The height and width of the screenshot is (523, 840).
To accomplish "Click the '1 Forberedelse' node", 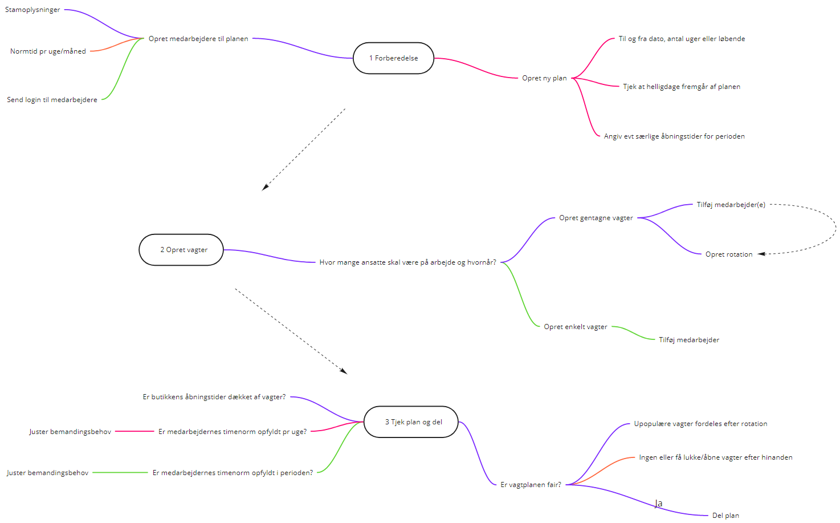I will [x=393, y=58].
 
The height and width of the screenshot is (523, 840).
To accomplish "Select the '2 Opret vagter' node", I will [x=181, y=250].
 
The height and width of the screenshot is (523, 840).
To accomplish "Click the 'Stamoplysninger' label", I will [x=32, y=10].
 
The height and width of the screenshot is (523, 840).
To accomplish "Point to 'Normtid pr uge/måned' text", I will [x=48, y=51].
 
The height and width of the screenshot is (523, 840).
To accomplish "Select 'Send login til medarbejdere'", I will [x=52, y=100].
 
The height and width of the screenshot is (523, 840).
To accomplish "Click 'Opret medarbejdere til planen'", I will [x=198, y=39].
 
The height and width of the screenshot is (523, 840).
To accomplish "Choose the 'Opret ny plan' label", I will [x=544, y=78].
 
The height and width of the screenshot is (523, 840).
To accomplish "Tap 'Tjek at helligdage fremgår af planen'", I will [x=682, y=87].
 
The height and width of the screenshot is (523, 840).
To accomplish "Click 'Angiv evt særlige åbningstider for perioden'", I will [x=674, y=136].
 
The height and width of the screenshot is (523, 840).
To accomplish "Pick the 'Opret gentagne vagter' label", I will [x=596, y=218].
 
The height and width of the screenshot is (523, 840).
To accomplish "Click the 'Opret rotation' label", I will [x=728, y=254].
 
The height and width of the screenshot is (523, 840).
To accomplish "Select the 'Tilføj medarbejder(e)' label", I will [x=731, y=205].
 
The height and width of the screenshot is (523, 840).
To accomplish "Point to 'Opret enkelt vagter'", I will [x=576, y=327].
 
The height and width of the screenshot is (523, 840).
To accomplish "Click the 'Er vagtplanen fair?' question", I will [x=531, y=485].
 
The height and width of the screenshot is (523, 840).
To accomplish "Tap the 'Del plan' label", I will [x=725, y=516].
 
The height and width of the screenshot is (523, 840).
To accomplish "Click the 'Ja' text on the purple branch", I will [x=659, y=503].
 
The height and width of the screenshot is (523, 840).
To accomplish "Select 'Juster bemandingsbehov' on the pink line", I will [x=70, y=432].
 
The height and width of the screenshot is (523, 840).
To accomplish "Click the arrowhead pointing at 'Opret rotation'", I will [x=761, y=254].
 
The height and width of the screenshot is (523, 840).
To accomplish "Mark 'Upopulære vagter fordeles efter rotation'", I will [x=700, y=424].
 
